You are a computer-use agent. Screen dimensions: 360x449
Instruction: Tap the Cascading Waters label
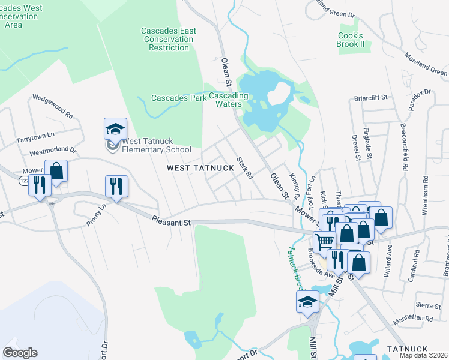229,100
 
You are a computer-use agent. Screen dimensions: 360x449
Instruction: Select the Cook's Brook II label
351,40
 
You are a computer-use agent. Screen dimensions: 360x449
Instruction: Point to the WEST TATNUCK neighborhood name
200,168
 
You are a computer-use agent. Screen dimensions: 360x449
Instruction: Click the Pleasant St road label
171,221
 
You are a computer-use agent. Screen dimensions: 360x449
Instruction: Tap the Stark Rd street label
244,168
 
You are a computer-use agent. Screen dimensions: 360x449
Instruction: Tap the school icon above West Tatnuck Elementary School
116,128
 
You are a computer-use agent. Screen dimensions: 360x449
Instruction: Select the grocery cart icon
324,241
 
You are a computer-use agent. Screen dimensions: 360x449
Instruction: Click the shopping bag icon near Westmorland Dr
56,170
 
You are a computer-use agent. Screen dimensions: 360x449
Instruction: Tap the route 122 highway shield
25,179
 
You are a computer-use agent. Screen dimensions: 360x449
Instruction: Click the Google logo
20,353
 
